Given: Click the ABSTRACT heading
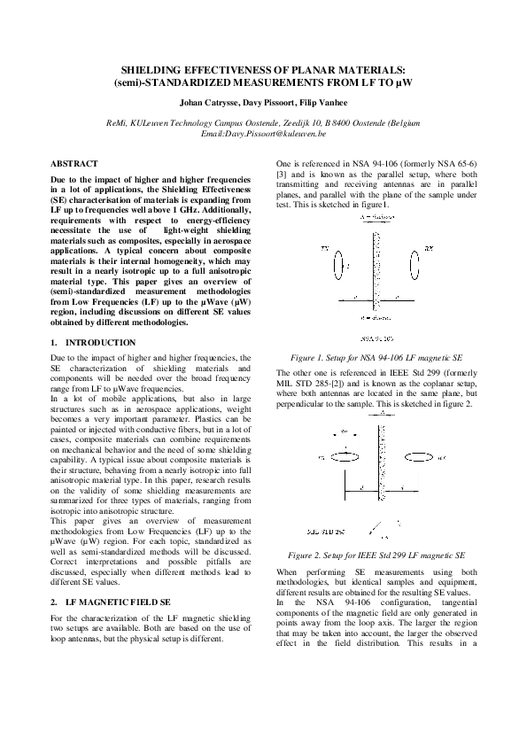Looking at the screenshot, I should click(74, 165).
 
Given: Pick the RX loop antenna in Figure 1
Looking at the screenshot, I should click(414, 262).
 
